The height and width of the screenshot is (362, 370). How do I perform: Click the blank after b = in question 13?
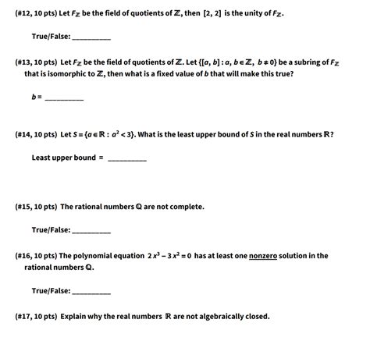pyautogui.click(x=64, y=98)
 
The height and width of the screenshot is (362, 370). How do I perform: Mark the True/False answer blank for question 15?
pyautogui.click(x=91, y=231)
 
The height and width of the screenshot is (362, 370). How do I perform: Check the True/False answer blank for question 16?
pyautogui.click(x=91, y=291)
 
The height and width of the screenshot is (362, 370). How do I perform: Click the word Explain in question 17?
pyautogui.click(x=75, y=316)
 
